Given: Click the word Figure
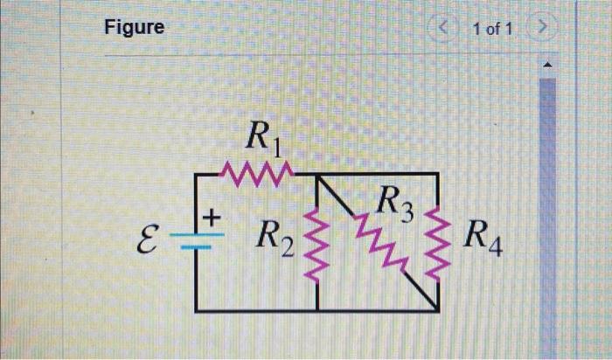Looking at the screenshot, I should point(134,27).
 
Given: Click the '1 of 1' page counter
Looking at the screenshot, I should point(492,29).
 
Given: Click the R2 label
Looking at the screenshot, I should point(275,234).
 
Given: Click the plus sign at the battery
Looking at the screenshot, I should point(213,215).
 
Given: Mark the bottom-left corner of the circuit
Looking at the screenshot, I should point(196,310).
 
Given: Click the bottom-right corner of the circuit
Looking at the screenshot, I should point(436,310).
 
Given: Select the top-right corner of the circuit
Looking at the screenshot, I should point(436,175).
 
